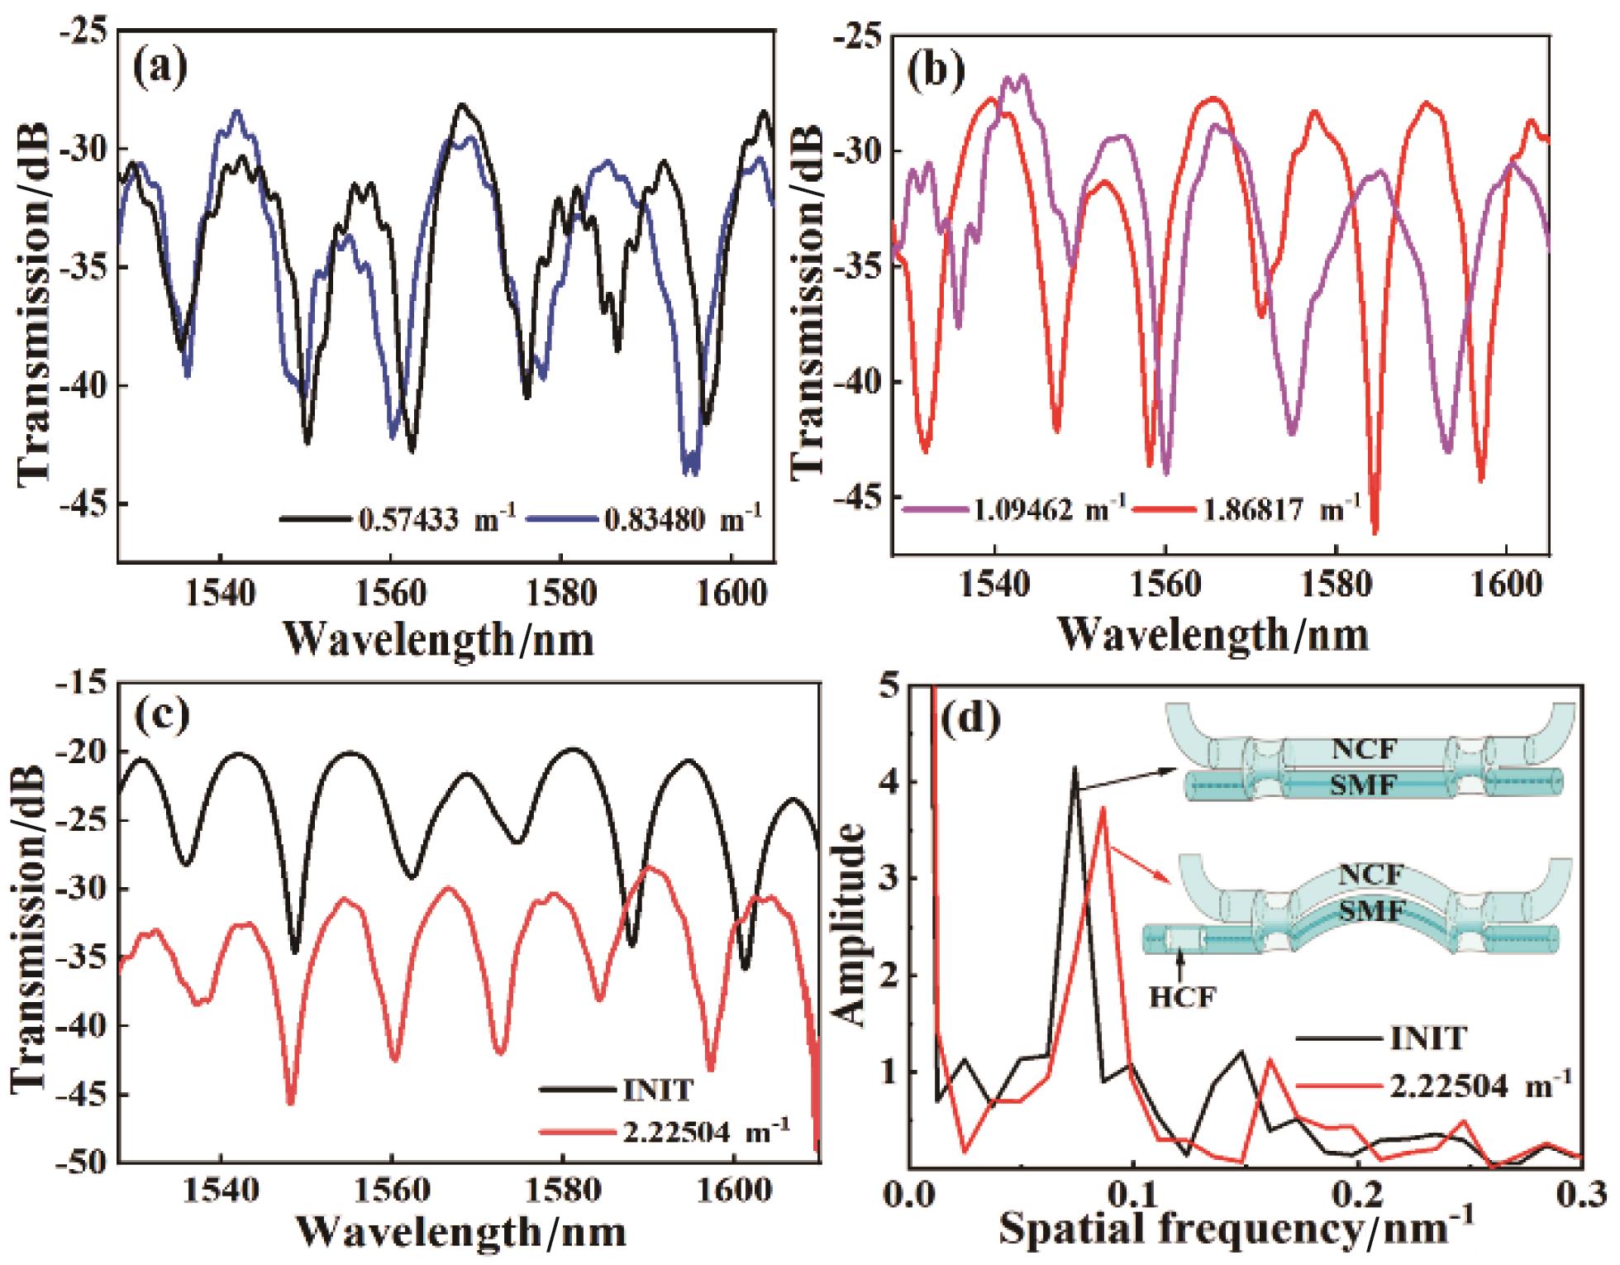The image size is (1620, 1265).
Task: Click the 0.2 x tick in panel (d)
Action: [x=1356, y=1196]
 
